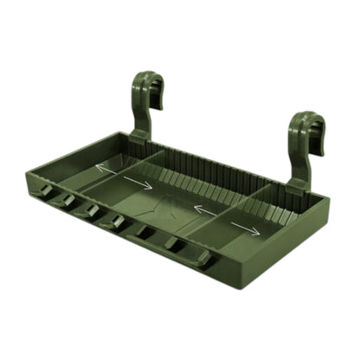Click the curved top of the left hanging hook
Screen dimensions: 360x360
(146, 82)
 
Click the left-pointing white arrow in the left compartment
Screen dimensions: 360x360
(106, 168)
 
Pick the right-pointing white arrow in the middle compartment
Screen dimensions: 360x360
(138, 183)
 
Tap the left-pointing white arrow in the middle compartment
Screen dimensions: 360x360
(205, 209)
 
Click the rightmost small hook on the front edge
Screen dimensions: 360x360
(202, 259)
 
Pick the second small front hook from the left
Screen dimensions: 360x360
(66, 202)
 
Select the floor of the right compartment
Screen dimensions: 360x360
(260, 221)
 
